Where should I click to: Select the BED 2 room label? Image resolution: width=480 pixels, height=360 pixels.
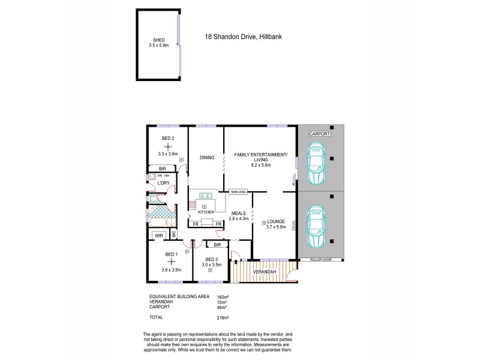click(168, 139)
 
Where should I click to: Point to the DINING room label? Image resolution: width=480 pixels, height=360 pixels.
click(207, 158)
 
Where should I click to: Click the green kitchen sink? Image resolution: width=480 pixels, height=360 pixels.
click(204, 195)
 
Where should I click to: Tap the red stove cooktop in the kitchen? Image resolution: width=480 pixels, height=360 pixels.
click(193, 205)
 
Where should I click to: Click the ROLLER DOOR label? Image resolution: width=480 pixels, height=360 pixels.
click(322, 260)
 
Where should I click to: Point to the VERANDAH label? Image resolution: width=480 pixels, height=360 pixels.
click(263, 272)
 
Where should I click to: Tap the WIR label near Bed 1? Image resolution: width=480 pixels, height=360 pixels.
click(158, 236)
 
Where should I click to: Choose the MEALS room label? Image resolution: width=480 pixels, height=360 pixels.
click(238, 212)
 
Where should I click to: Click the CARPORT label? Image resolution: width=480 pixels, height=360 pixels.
click(319, 134)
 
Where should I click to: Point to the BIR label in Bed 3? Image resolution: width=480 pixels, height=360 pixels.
click(217, 245)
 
